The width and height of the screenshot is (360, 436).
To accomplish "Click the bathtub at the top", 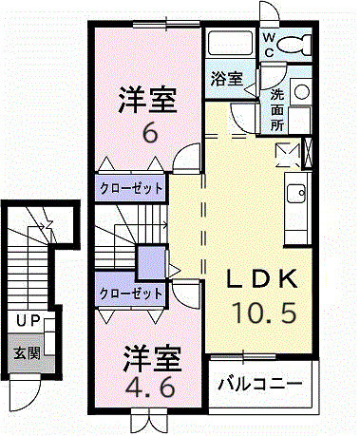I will coord(231,44).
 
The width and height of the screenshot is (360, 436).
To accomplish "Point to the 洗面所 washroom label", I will coord(276,108).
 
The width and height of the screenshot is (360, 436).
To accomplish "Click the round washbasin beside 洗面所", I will coord(302,92).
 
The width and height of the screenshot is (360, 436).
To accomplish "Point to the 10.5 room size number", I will coord(266,311).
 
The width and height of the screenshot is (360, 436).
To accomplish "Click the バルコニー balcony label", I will coord(259,384).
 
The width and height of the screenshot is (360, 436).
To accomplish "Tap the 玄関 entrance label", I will coord(26,351).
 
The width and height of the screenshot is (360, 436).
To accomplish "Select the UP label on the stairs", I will coord(27,322).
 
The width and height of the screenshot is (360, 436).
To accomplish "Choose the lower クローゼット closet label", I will coord(130,294).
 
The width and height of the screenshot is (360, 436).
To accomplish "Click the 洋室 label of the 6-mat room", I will coord(148,100).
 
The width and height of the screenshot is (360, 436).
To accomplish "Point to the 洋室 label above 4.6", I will coord(149,359).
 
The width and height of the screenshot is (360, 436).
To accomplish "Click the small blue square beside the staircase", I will coord(150,260).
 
